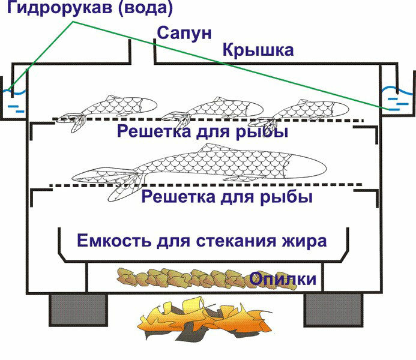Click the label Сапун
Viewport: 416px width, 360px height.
coord(184,34)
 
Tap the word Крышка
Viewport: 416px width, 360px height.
coord(258,50)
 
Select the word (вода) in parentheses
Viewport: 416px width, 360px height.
coord(146,8)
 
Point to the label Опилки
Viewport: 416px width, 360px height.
coord(283,278)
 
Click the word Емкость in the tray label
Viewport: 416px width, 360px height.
coord(114,241)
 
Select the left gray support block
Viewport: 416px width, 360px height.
coord(79,310)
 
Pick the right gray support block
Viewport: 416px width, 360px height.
coord(333,310)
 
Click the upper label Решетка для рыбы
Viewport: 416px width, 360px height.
coord(202,131)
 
